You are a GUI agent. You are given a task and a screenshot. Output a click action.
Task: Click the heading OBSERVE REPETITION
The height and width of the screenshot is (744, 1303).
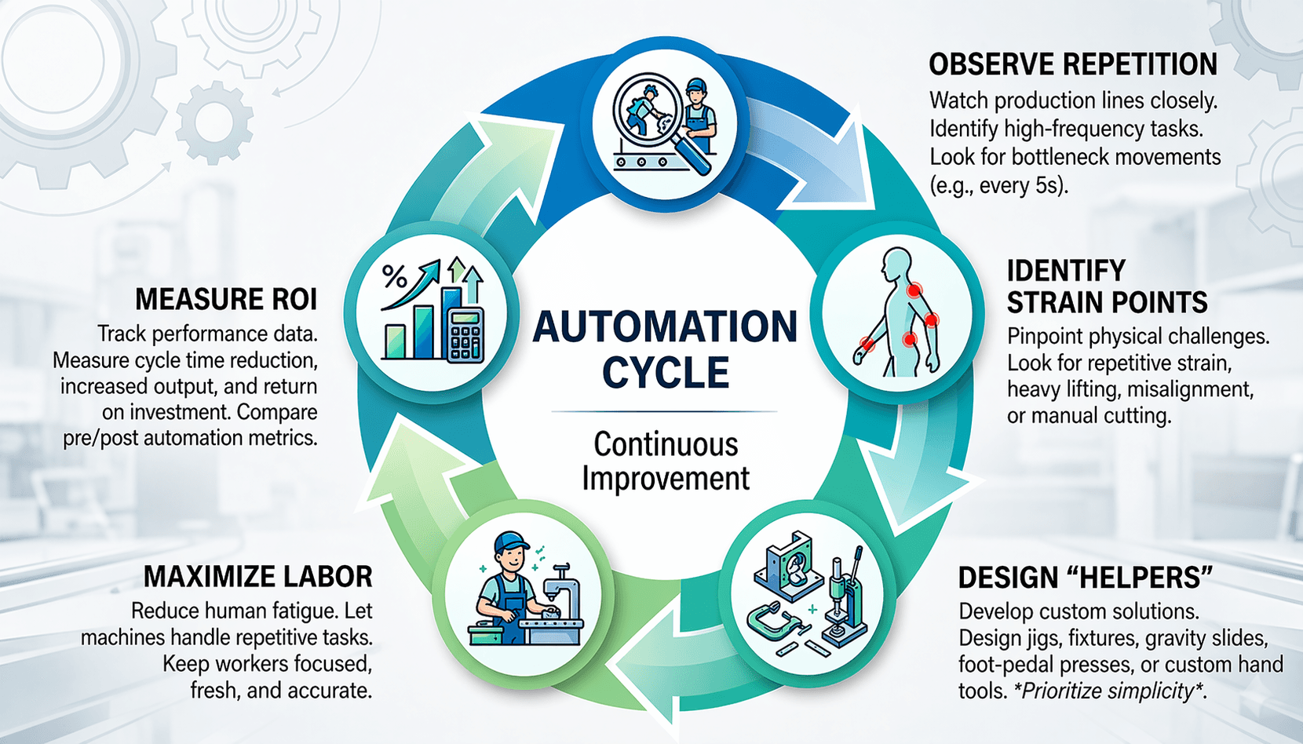point(1072,64)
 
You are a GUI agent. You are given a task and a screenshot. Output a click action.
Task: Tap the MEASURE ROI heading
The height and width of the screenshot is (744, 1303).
point(226,299)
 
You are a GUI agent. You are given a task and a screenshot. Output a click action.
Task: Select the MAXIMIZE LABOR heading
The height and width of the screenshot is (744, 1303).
point(257,577)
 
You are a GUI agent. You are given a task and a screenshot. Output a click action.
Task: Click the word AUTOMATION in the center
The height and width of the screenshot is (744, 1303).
point(665,327)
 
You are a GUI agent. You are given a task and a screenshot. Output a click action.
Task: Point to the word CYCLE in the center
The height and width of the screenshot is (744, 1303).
point(666,373)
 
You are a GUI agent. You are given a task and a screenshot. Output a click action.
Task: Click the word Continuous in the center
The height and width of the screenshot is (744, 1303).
point(666,444)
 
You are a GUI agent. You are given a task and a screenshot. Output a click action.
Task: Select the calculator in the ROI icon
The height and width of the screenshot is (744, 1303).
point(465,336)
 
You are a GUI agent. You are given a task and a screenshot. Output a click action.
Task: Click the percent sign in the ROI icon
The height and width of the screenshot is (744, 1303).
point(394,276)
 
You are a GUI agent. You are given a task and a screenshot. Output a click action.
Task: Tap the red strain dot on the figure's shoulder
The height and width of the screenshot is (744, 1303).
point(914,290)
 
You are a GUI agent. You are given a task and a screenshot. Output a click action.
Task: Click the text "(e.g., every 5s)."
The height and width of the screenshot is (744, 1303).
point(998,185)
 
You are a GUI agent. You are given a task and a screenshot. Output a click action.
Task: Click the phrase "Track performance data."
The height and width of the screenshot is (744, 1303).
point(207,334)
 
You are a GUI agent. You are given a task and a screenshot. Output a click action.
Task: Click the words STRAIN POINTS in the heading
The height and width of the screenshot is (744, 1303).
point(1107,302)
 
